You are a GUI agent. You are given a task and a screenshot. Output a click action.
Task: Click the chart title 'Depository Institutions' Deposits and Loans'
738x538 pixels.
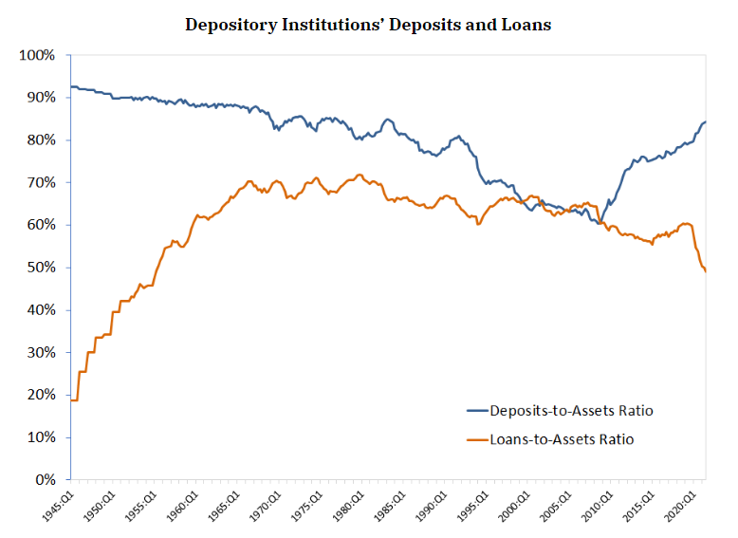[x=367, y=25]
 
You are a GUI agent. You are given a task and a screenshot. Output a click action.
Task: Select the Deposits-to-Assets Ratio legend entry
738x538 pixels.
[x=571, y=411]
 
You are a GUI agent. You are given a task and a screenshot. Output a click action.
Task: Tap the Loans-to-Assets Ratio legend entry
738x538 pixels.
[x=562, y=439]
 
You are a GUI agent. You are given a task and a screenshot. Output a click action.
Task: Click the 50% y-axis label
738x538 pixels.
[x=40, y=268]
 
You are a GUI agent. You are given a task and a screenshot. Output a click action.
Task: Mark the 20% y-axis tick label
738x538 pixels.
[x=40, y=395]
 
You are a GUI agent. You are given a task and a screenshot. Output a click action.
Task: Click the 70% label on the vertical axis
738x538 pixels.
[x=40, y=182]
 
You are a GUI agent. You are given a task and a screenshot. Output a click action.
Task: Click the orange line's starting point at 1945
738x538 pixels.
[x=71, y=400]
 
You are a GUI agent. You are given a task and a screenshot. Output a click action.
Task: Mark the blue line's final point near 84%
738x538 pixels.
[x=706, y=121]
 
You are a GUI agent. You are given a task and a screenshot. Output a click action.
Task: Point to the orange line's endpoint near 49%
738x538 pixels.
[x=706, y=272]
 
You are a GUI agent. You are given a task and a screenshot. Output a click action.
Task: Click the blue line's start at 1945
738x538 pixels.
[x=71, y=86]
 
